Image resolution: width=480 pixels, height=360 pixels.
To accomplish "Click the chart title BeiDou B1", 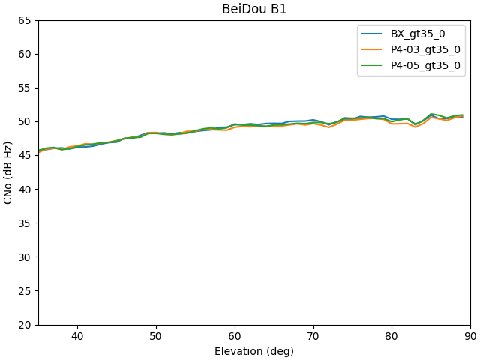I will coord(254,10).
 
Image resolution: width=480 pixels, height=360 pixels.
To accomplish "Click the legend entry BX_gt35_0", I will coord(418,34).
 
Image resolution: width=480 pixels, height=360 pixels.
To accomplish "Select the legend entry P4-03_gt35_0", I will coord(425,50).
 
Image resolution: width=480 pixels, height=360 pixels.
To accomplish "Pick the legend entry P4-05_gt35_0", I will coord(425,66).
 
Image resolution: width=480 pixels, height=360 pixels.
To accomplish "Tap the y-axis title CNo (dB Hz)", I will coord(9,172).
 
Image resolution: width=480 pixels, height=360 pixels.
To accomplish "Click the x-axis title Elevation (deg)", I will coord(254,351).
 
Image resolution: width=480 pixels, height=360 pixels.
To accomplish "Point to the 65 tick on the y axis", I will coord(25,20).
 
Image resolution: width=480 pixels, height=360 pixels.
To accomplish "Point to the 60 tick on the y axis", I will coord(25,54).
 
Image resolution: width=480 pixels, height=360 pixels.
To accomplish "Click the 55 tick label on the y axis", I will coord(25,88).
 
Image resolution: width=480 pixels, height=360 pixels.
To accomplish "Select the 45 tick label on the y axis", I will coord(25,155).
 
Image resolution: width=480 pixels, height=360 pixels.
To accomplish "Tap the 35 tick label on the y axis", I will coord(25,223).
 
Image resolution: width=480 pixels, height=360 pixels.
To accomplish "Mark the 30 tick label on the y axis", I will coord(25,257).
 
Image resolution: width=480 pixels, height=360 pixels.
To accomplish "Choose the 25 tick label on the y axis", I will coord(25,291).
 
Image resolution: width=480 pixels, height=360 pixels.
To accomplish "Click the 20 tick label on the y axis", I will coord(25,325).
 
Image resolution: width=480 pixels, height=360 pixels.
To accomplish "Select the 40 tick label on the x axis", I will coord(77,337).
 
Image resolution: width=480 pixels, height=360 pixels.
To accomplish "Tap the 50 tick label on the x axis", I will coord(156,337).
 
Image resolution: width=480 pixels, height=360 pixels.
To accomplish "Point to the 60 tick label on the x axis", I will coord(235,337).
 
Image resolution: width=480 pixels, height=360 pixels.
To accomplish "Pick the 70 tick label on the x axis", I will coord(313,337).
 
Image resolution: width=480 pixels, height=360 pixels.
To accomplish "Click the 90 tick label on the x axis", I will coord(470,337).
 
